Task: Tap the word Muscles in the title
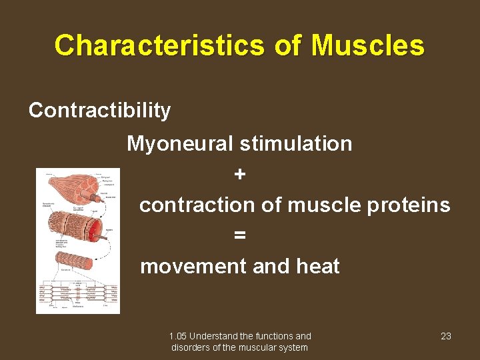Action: [x=367, y=46]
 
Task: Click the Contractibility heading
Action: [x=99, y=110]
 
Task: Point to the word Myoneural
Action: [x=180, y=143]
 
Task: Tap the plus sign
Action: [x=240, y=174]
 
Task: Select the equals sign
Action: [x=240, y=235]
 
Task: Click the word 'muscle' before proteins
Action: [x=323, y=205]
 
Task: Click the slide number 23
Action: [x=446, y=336]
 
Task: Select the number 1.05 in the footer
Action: [x=178, y=336]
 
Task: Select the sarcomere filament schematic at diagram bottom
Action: [x=78, y=294]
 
